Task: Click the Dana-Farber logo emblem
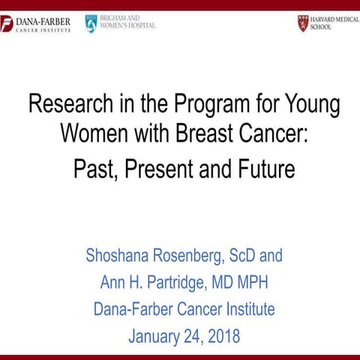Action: (x=7, y=25)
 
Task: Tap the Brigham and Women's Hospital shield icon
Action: (x=91, y=23)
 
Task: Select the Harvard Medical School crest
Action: (x=303, y=22)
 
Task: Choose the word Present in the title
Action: (x=159, y=169)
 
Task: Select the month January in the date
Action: (x=154, y=336)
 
